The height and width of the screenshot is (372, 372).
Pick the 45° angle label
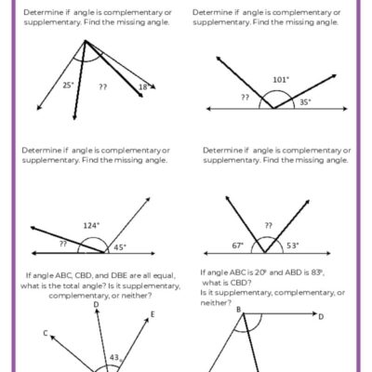(x=119, y=246)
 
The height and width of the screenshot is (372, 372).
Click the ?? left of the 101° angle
(x=245, y=97)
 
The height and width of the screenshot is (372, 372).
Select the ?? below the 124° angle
(x=64, y=244)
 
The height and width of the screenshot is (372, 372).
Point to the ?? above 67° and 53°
(x=268, y=224)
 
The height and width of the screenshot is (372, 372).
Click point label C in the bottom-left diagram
(x=46, y=332)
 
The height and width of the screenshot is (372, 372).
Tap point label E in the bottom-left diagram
(x=153, y=314)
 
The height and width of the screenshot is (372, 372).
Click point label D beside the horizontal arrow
(x=321, y=316)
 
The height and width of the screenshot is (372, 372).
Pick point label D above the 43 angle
(x=97, y=303)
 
